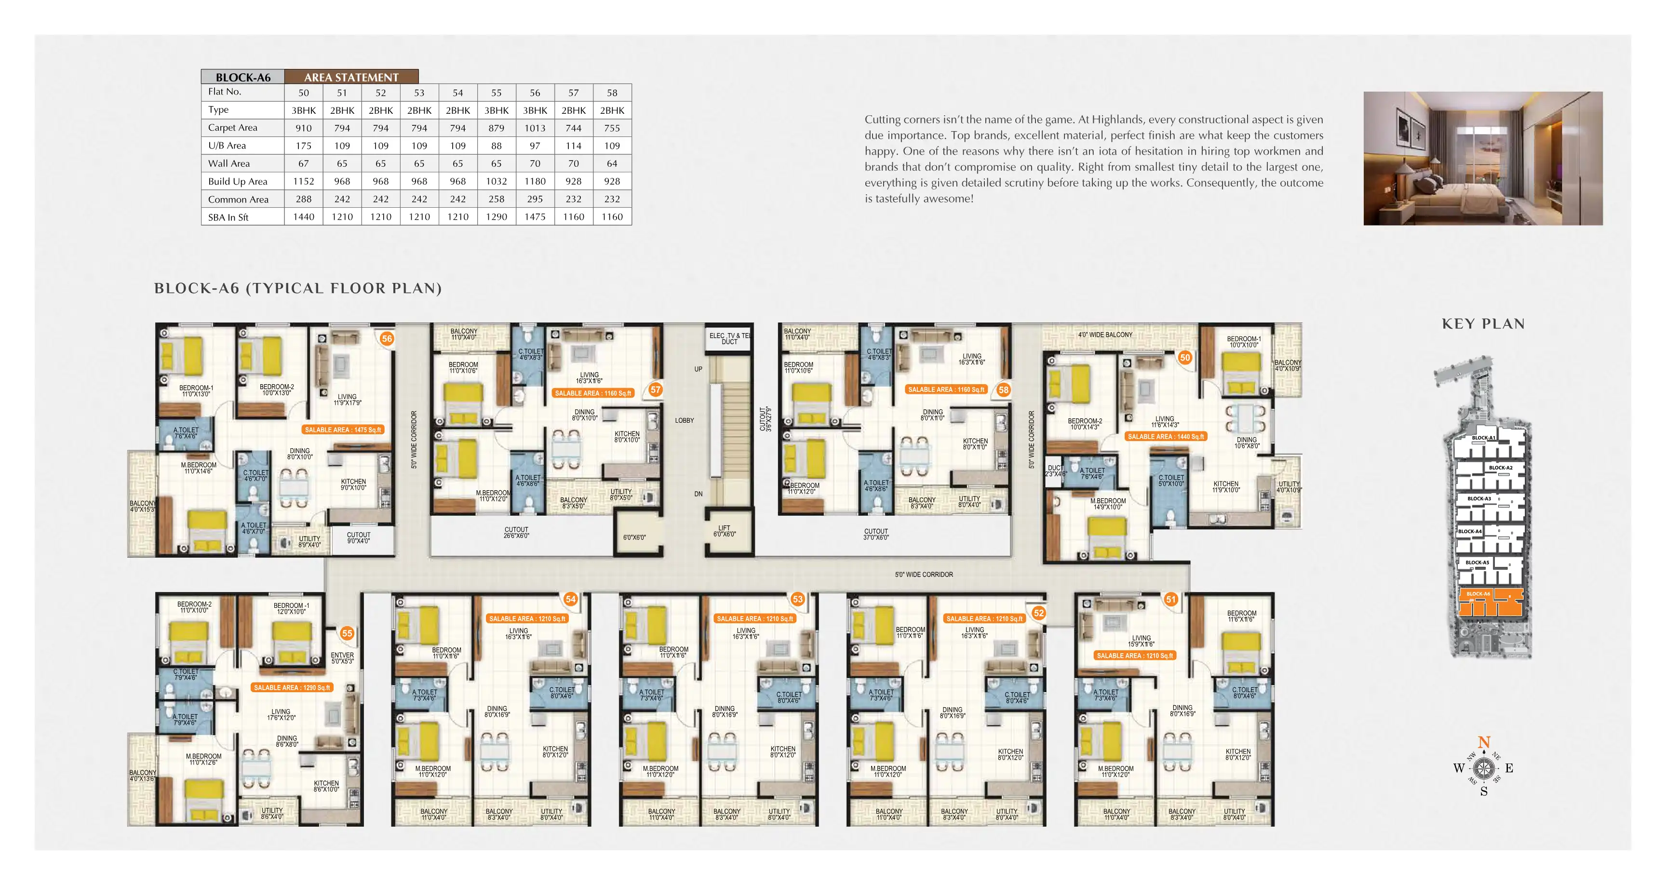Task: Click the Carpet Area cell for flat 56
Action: pos(535,128)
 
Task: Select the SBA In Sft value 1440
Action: pos(303,217)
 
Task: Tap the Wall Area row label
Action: pos(229,164)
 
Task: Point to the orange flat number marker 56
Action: pos(387,338)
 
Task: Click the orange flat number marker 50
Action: pos(1185,357)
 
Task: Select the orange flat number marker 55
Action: pos(347,633)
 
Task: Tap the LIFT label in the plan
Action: pos(725,531)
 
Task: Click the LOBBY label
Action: pos(684,420)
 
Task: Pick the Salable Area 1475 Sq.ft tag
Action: pos(343,429)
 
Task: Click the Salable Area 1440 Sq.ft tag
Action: pos(1166,437)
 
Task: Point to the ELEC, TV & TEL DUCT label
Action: pos(729,338)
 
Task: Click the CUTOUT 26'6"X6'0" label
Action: pos(516,533)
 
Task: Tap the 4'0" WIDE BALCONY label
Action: pos(1105,335)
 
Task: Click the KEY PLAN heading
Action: pos(1483,324)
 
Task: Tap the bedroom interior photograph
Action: pos(1482,159)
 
